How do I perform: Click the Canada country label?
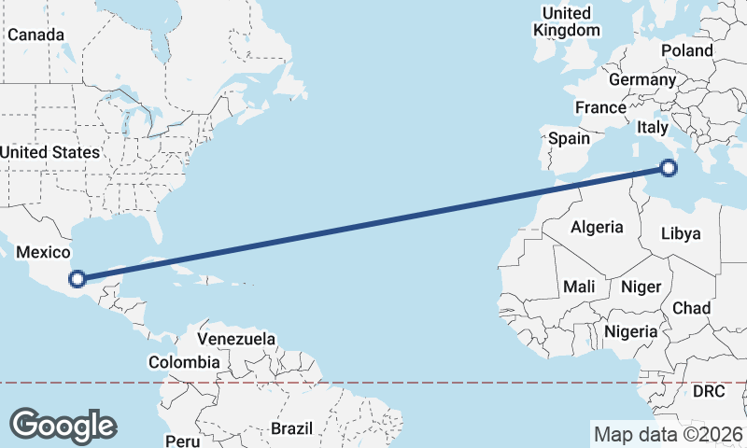pyautogui.click(x=35, y=35)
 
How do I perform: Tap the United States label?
pyautogui.click(x=49, y=152)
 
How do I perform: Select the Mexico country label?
pyautogui.click(x=44, y=253)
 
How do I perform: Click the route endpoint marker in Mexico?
pyautogui.click(x=78, y=278)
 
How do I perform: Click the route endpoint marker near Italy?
pyautogui.click(x=668, y=168)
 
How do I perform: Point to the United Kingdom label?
pyautogui.click(x=567, y=21)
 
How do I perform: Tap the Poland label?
pyautogui.click(x=686, y=50)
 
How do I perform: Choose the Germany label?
pyautogui.click(x=642, y=80)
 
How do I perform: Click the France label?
pyautogui.click(x=600, y=108)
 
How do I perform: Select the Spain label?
pyautogui.click(x=569, y=138)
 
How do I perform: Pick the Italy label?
pyautogui.click(x=652, y=126)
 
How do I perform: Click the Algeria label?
pyautogui.click(x=597, y=227)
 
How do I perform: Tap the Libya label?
pyautogui.click(x=680, y=233)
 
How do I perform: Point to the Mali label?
pyautogui.click(x=580, y=287)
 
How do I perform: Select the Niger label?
pyautogui.click(x=641, y=287)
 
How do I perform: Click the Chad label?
pyautogui.click(x=692, y=308)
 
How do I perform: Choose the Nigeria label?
pyautogui.click(x=632, y=331)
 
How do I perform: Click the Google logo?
pyautogui.click(x=63, y=425)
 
